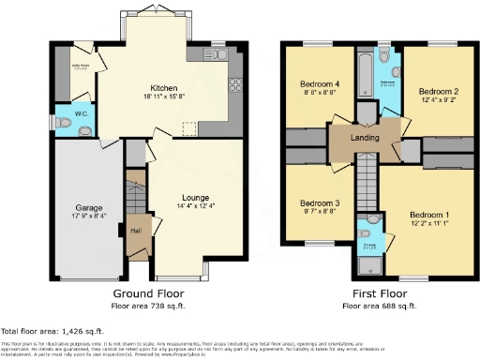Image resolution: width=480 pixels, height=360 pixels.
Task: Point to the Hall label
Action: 136,231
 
